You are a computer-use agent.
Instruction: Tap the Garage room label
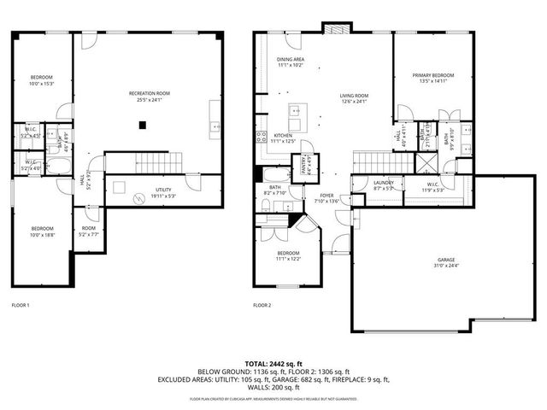pos(446,260)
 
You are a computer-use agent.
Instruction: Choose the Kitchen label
pos(283,135)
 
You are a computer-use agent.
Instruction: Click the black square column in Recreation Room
pos(144,125)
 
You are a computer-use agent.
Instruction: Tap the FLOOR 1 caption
pos(21,305)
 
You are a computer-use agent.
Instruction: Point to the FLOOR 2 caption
pos(262,305)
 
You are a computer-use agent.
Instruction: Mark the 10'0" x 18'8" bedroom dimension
pos(42,234)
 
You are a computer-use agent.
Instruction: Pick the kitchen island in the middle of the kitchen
pos(297,110)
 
